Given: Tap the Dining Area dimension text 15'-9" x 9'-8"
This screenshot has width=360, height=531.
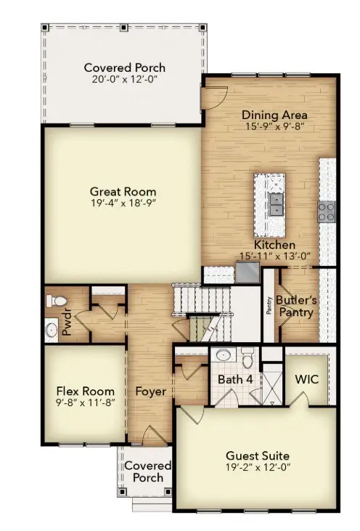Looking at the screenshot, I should (274, 126).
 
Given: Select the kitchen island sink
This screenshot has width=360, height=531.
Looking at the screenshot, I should (277, 203).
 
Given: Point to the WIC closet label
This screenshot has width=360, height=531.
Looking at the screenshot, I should (306, 378).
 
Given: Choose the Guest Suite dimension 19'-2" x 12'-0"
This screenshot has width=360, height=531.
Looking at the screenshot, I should (258, 469).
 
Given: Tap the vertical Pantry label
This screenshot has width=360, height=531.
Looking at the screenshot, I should (268, 305).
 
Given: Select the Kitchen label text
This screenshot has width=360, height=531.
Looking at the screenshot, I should (274, 246).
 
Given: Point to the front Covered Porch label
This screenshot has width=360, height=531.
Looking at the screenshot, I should (148, 471).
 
